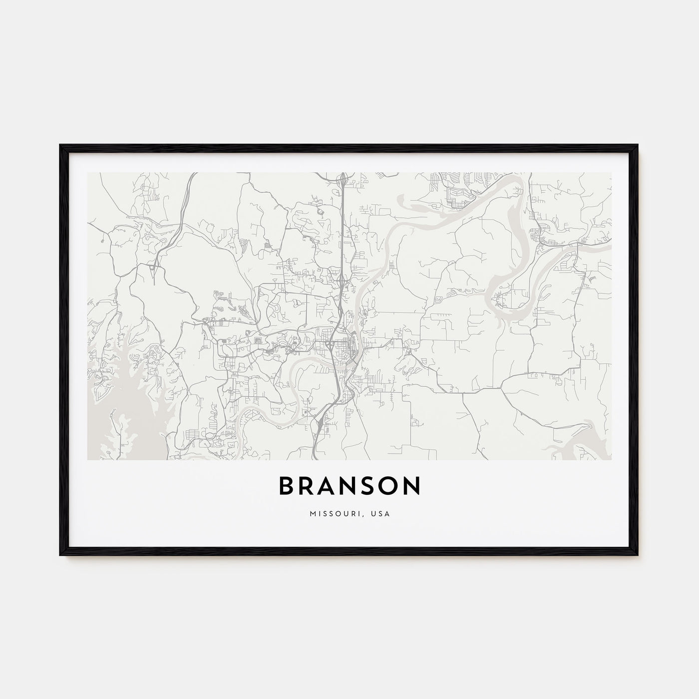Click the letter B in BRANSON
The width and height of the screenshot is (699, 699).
(x=287, y=486)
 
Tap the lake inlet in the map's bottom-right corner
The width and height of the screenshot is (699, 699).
(x=574, y=444)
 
